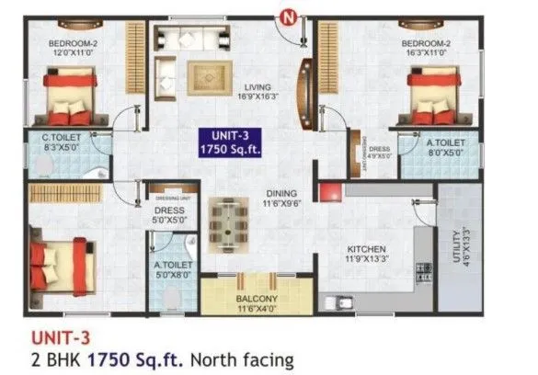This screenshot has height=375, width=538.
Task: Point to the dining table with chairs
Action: (x=226, y=222)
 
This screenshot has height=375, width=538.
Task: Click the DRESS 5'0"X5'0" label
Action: (x=170, y=214)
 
